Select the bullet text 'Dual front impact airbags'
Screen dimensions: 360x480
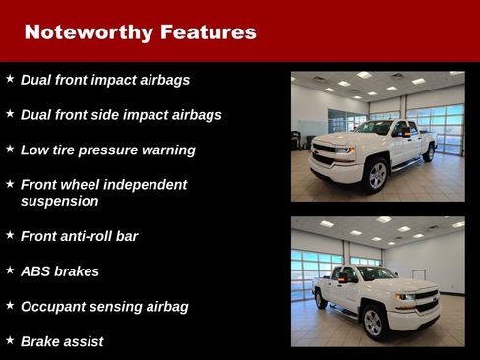coord(105,80)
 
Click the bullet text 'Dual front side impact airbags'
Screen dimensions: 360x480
coord(121,115)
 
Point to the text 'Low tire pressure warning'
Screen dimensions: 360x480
coord(108,150)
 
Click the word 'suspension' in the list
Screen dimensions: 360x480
coord(60,201)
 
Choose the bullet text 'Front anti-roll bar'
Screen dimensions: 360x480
coord(80,236)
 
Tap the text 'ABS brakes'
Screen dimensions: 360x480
coord(60,270)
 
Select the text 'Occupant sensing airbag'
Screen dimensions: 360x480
coord(104,306)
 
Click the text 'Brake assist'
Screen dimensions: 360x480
coord(62,341)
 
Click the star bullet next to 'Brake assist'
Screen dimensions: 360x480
coord(10,339)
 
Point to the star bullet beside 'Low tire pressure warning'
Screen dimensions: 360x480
coord(10,149)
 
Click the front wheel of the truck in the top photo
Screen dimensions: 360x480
coord(377,175)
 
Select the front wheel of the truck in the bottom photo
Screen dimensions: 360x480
coord(372,321)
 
